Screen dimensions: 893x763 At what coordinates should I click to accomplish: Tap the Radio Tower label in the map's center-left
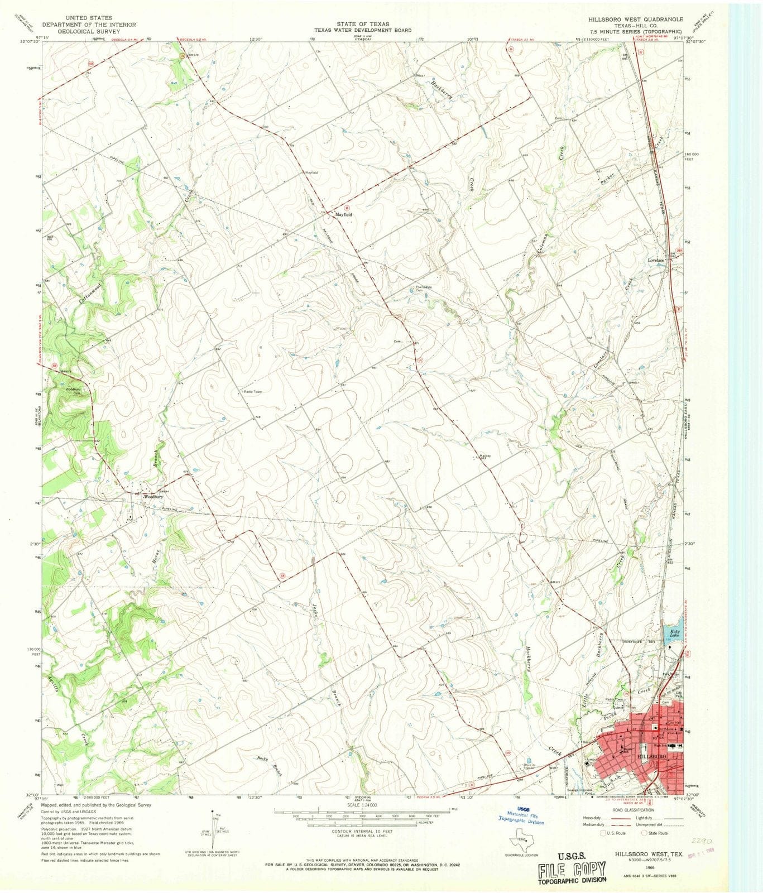[x=252, y=391]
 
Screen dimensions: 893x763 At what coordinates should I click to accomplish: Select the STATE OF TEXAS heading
[x=363, y=25]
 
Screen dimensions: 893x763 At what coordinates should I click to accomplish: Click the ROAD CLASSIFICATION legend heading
[x=634, y=810]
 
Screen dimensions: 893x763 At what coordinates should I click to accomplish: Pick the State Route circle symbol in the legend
[x=645, y=833]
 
